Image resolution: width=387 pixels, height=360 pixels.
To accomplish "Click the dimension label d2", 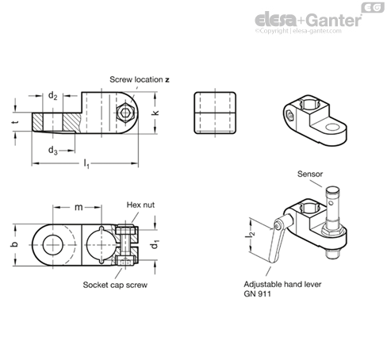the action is [52, 96].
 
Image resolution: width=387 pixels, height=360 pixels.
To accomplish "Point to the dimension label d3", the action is [53, 151].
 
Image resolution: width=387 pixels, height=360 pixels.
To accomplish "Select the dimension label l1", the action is [86, 164].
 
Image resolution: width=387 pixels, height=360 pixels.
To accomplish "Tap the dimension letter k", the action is [156, 112].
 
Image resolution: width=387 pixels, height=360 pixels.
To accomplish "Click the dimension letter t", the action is [16, 122].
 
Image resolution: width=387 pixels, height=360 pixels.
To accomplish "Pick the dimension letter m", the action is [79, 208].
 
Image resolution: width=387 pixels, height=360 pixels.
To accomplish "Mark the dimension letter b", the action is [15, 244].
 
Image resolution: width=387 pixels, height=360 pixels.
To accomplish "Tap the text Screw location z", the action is [140, 79].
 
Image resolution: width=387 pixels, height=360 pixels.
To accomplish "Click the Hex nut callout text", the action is [140, 205].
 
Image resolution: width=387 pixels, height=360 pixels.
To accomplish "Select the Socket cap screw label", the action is [115, 285].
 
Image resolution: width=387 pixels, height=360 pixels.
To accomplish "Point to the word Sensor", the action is [310, 174].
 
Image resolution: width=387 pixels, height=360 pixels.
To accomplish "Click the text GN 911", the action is [257, 294].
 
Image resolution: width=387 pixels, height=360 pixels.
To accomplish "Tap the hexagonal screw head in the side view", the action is [125, 113].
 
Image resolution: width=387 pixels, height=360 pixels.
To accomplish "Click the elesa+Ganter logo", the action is [308, 20].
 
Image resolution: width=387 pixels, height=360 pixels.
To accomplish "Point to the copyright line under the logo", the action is [298, 31].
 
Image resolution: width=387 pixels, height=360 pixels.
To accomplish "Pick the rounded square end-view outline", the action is [215, 113].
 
